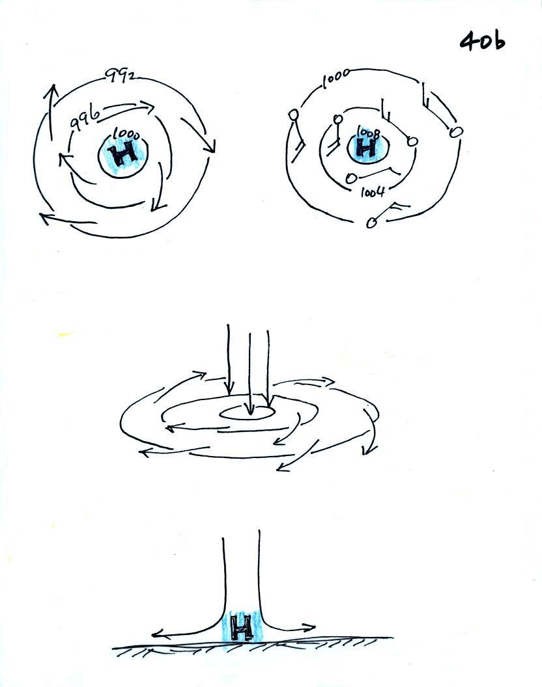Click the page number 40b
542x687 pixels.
[482, 42]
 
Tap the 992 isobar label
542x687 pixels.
[119, 76]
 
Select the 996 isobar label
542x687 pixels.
[84, 117]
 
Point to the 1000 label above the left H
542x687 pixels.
[126, 133]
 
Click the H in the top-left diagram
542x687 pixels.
[123, 154]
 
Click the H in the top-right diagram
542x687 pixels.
[367, 148]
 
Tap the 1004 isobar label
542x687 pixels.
[372, 192]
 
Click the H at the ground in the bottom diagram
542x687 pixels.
[242, 627]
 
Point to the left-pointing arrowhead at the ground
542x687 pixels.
[156, 634]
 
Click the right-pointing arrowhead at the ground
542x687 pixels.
[310, 627]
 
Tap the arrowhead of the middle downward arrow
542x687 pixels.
[250, 410]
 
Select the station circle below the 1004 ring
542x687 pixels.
[372, 223]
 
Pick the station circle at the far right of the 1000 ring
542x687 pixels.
[456, 131]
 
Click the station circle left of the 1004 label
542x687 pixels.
[350, 178]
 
